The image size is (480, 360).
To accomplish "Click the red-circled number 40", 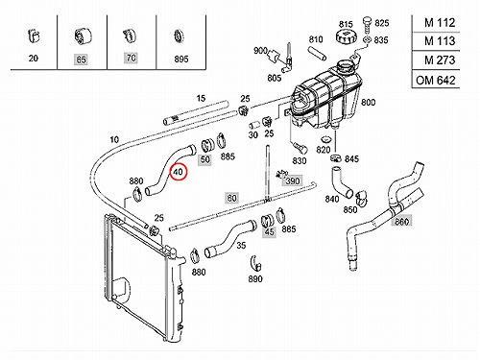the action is click(x=178, y=172).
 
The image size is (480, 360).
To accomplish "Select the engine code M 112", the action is click(x=440, y=23).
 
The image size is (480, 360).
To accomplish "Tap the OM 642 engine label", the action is click(x=436, y=80).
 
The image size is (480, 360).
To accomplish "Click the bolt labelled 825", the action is click(x=367, y=24).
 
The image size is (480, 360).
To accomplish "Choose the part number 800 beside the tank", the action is click(x=368, y=103).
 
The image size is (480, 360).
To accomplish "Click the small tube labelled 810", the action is click(x=317, y=54).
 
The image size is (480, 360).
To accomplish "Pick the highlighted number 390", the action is click(x=293, y=181).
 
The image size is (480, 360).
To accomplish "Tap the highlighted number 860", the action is click(x=402, y=222).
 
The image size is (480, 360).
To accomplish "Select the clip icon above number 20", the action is click(x=34, y=36).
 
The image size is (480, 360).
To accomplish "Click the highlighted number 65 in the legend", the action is click(x=82, y=60).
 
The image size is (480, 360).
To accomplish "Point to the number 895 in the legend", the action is click(x=181, y=59).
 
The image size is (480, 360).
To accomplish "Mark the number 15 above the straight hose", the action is click(x=201, y=98).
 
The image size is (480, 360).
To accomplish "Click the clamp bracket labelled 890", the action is click(x=256, y=264).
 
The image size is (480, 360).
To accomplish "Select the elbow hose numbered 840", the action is click(x=342, y=182).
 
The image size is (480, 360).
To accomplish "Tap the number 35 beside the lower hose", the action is click(x=241, y=245).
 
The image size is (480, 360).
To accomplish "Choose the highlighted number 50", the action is click(x=205, y=159).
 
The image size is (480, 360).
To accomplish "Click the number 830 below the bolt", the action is click(x=300, y=160).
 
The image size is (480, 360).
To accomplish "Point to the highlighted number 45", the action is click(x=269, y=231).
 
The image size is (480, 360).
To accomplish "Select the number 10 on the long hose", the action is click(x=114, y=139).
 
